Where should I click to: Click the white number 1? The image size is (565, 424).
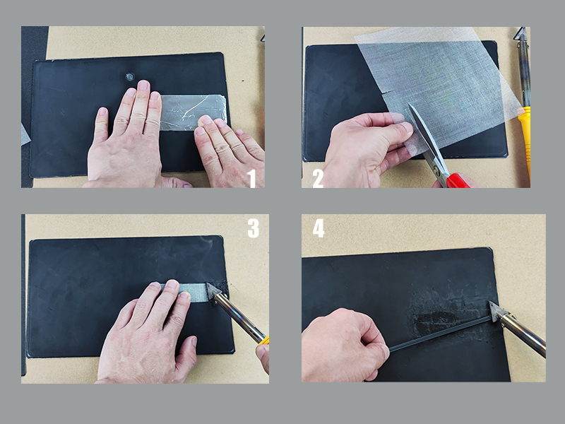pyautogui.click(x=251, y=178)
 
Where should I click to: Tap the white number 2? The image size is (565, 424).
pyautogui.click(x=318, y=178)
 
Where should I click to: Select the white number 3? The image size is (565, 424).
pyautogui.click(x=254, y=228)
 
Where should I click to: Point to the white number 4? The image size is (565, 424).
pyautogui.click(x=319, y=228)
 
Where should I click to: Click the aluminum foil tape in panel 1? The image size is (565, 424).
pyautogui.click(x=193, y=112)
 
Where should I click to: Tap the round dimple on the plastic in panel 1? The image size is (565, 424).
pyautogui.click(x=130, y=76)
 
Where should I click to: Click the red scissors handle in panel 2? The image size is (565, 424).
pyautogui.click(x=458, y=181)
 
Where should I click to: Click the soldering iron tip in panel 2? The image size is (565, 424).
pyautogui.click(x=521, y=34)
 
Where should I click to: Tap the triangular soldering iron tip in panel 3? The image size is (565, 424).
pyautogui.click(x=213, y=290)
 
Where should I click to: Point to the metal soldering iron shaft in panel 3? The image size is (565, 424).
pyautogui.click(x=239, y=318)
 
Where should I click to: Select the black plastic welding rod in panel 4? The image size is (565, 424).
pyautogui.click(x=440, y=334)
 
